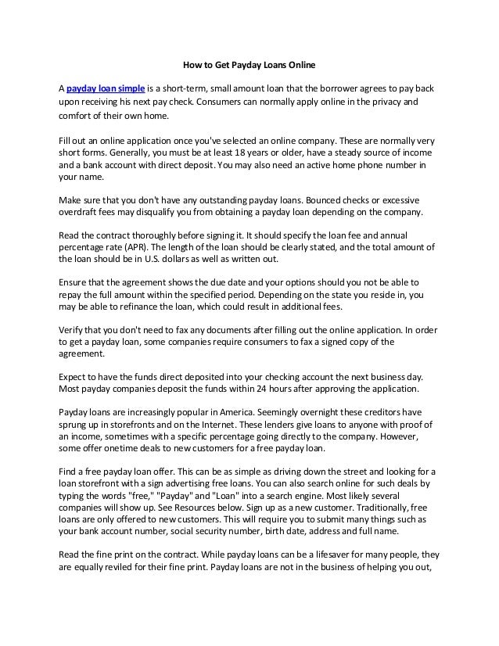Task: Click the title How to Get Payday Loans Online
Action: tap(248, 63)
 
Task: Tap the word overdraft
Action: tap(81, 211)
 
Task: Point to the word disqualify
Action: tap(164, 211)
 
